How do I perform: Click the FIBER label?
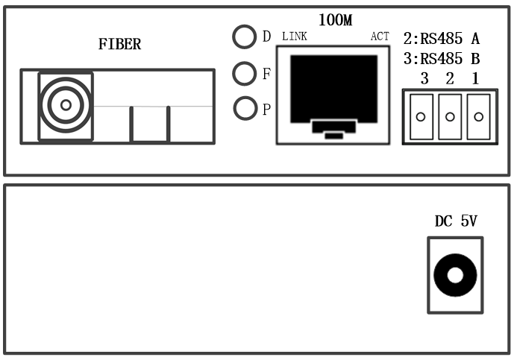(x=119, y=45)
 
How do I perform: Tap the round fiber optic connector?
(x=66, y=105)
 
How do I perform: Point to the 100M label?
(x=335, y=20)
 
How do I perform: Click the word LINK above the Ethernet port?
(x=294, y=37)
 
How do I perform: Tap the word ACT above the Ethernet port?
(x=380, y=37)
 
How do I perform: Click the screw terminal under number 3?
(x=421, y=116)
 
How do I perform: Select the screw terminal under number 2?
(x=450, y=116)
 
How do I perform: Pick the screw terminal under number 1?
(x=478, y=116)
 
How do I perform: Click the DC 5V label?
(x=454, y=221)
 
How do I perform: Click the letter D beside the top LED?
(x=266, y=37)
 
